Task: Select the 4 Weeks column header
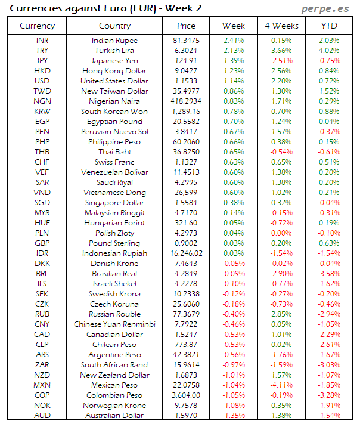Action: pyautogui.click(x=281, y=26)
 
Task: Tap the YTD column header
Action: pyautogui.click(x=328, y=26)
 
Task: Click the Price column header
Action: pyautogui.click(x=187, y=26)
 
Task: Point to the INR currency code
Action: pyautogui.click(x=42, y=41)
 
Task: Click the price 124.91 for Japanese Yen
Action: pyautogui.click(x=187, y=61)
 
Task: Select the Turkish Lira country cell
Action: pyautogui.click(x=114, y=51)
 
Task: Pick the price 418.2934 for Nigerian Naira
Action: pyautogui.click(x=187, y=101)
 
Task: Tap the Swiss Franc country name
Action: pyautogui.click(x=114, y=162)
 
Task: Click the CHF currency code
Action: pyautogui.click(x=42, y=162)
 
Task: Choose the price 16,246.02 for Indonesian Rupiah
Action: pyautogui.click(x=187, y=253)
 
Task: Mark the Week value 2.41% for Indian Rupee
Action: pyautogui.click(x=233, y=41)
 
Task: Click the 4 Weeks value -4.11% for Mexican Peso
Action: pyautogui.click(x=281, y=385)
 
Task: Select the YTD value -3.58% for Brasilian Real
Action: pyautogui.click(x=328, y=274)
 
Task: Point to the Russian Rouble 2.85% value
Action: pyautogui.click(x=281, y=314)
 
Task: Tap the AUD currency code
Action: pyautogui.click(x=42, y=416)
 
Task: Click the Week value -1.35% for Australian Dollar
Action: pyautogui.click(x=233, y=416)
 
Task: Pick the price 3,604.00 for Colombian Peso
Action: pyautogui.click(x=187, y=395)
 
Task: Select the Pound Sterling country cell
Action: pyautogui.click(x=114, y=243)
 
